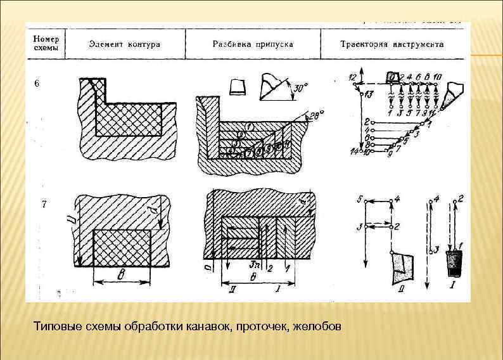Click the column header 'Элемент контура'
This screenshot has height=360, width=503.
click(124, 45)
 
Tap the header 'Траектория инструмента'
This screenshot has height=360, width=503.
click(392, 45)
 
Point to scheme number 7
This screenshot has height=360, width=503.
click(42, 205)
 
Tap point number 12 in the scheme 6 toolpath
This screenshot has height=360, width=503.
click(352, 77)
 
